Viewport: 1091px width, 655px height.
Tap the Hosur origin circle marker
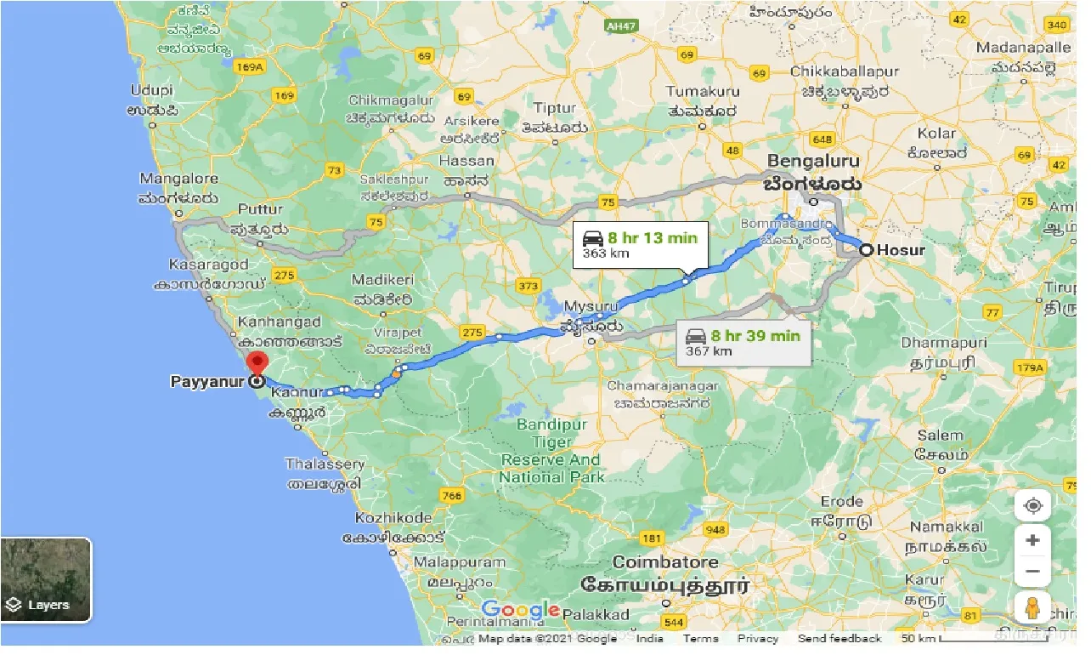(865, 250)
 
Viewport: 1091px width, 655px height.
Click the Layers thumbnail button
(47, 579)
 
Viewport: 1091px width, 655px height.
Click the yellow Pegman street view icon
(1032, 609)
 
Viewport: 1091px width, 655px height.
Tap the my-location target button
(1032, 506)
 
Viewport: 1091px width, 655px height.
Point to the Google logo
(520, 610)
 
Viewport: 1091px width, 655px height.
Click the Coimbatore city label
(665, 562)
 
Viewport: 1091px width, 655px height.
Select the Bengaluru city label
(813, 161)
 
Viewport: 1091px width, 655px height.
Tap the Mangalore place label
(178, 179)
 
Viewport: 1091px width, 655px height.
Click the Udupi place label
(152, 90)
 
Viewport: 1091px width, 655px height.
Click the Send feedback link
(839, 638)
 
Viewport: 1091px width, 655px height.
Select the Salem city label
(941, 436)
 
